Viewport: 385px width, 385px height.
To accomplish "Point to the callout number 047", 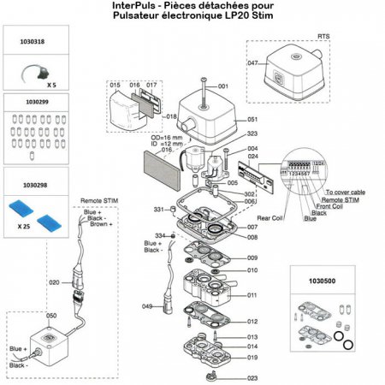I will [252, 64].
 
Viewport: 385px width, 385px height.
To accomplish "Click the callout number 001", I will [224, 87].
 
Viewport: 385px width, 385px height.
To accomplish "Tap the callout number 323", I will [252, 134].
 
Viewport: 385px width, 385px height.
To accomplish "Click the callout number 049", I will [146, 305].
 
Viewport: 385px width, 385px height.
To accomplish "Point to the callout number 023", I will [252, 377].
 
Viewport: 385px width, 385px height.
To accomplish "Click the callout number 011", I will [252, 295].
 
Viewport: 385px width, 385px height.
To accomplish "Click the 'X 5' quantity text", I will [52, 86].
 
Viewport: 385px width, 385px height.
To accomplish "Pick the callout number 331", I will [159, 210].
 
